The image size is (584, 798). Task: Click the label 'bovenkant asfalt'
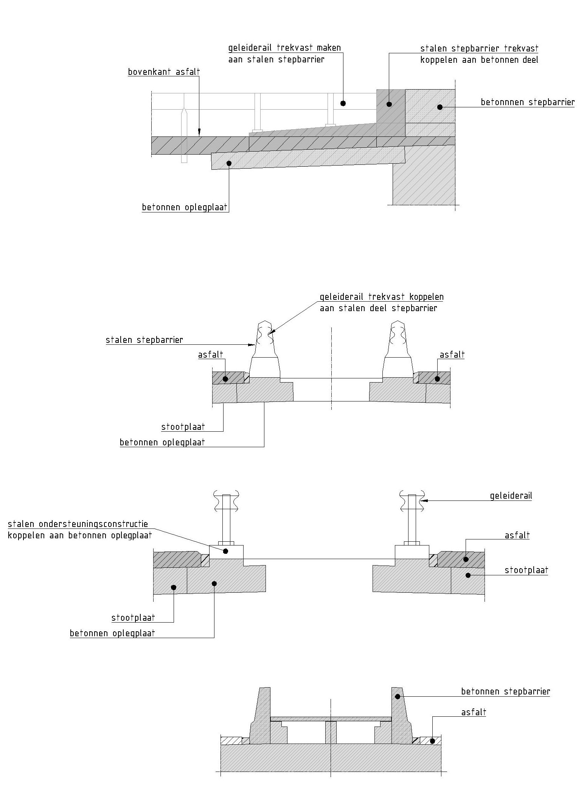point(164,72)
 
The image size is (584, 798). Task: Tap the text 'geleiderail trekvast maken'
point(284,48)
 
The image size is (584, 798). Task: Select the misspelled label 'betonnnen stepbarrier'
point(528,102)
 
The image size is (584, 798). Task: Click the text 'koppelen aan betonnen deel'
point(479,60)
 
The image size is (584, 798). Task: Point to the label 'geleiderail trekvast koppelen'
point(381,297)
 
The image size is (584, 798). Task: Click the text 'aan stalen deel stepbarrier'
point(378,308)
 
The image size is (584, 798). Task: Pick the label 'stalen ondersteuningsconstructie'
point(78,524)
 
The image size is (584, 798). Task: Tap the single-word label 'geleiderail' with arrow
point(511,496)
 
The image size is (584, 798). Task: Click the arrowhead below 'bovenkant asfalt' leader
point(199,132)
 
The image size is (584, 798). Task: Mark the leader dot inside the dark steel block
point(389,104)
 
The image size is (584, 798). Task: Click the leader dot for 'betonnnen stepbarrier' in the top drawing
point(440,107)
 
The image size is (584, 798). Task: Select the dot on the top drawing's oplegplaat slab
point(228,163)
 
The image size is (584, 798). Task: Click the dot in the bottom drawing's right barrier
point(397,696)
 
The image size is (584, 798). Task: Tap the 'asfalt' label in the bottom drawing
point(474,712)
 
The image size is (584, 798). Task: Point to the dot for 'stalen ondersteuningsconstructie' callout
point(226,551)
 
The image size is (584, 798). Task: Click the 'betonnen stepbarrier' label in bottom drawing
point(505,691)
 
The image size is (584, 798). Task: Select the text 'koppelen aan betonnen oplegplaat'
point(80,535)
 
